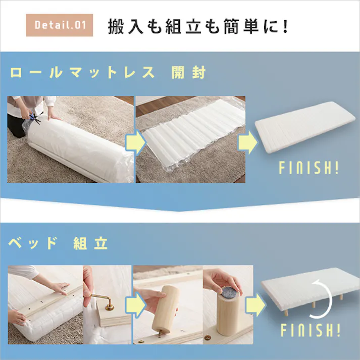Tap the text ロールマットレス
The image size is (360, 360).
tap(82, 72)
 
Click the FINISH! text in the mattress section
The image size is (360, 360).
tap(308, 168)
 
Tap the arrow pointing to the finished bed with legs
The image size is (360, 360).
tap(253, 304)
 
